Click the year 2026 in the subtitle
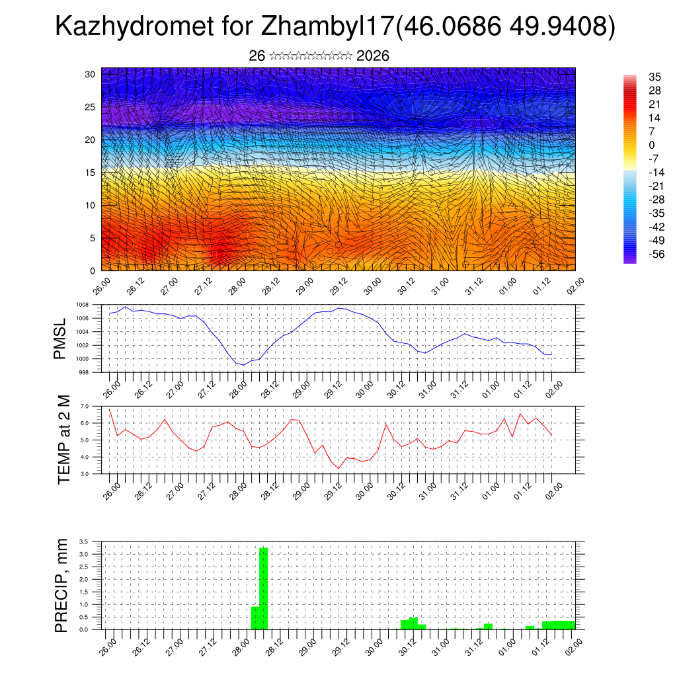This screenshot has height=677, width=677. (x=372, y=56)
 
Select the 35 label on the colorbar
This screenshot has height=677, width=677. (x=655, y=77)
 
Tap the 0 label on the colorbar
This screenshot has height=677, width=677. (x=652, y=145)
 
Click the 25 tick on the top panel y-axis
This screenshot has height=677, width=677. (x=91, y=107)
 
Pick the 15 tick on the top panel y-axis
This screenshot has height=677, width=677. (x=91, y=173)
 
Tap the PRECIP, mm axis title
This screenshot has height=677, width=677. (x=61, y=585)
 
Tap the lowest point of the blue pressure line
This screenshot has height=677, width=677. (x=243, y=365)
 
